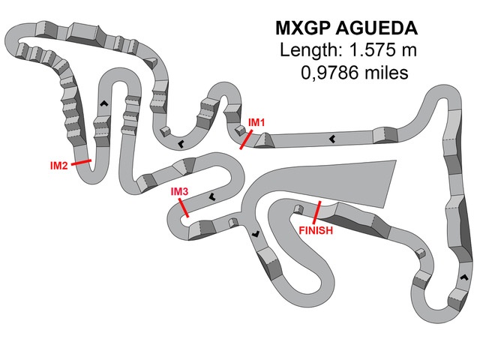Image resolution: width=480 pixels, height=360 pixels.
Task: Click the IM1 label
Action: (256, 122)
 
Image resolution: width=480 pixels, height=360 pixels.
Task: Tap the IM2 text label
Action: (58, 166)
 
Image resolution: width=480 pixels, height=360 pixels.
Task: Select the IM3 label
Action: (179, 192)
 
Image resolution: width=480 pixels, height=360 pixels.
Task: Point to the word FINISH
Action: (316, 230)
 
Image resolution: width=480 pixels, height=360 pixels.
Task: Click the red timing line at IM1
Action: (246, 139)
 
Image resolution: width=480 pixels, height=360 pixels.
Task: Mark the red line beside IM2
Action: (81, 162)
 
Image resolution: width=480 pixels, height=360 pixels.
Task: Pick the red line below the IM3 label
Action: (184, 208)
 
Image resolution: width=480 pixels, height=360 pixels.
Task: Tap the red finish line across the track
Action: (316, 212)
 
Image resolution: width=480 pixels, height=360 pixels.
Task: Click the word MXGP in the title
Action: (303, 28)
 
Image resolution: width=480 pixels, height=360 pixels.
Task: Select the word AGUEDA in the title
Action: (376, 28)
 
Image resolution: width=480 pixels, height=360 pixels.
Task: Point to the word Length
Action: (311, 50)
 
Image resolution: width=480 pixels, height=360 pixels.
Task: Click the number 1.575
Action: (372, 50)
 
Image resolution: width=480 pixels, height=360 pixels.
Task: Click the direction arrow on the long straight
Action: (331, 139)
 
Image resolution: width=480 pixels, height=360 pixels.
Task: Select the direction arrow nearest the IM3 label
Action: (211, 196)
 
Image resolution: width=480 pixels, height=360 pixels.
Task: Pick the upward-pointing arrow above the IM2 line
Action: (104, 103)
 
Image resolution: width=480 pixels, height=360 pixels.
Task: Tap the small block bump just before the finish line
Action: (298, 208)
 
